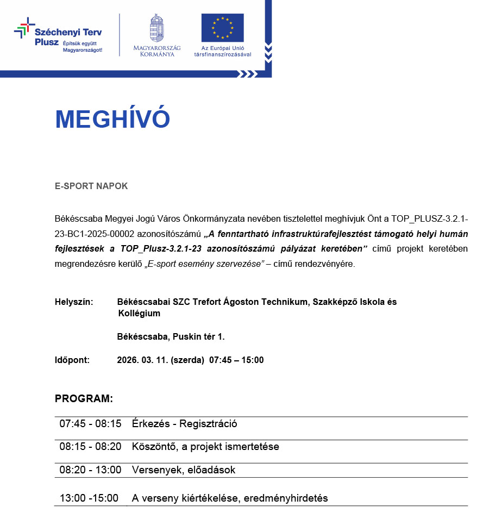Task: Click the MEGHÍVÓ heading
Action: [x=112, y=120]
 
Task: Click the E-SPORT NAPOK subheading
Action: [x=91, y=186]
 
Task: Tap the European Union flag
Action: [x=222, y=28]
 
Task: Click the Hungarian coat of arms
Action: [x=156, y=28]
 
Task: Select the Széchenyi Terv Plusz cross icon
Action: [x=23, y=28]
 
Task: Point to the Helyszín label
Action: [x=74, y=302]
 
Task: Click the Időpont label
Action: [x=72, y=360]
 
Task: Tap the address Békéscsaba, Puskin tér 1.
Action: [x=171, y=337]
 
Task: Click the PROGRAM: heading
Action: [x=84, y=399]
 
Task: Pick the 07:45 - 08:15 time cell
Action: [x=90, y=424]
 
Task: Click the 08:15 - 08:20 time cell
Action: [x=90, y=447]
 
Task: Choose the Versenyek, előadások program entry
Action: [x=183, y=470]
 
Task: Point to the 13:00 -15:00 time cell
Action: [x=89, y=498]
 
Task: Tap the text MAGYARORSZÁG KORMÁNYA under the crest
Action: [x=156, y=51]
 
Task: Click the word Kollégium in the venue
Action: [x=139, y=314]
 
